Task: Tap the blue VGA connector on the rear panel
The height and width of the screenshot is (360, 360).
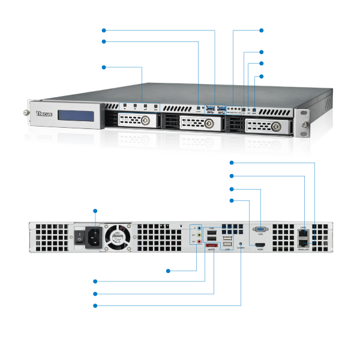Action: tap(260, 229)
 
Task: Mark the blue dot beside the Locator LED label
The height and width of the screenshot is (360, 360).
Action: tap(96, 305)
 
